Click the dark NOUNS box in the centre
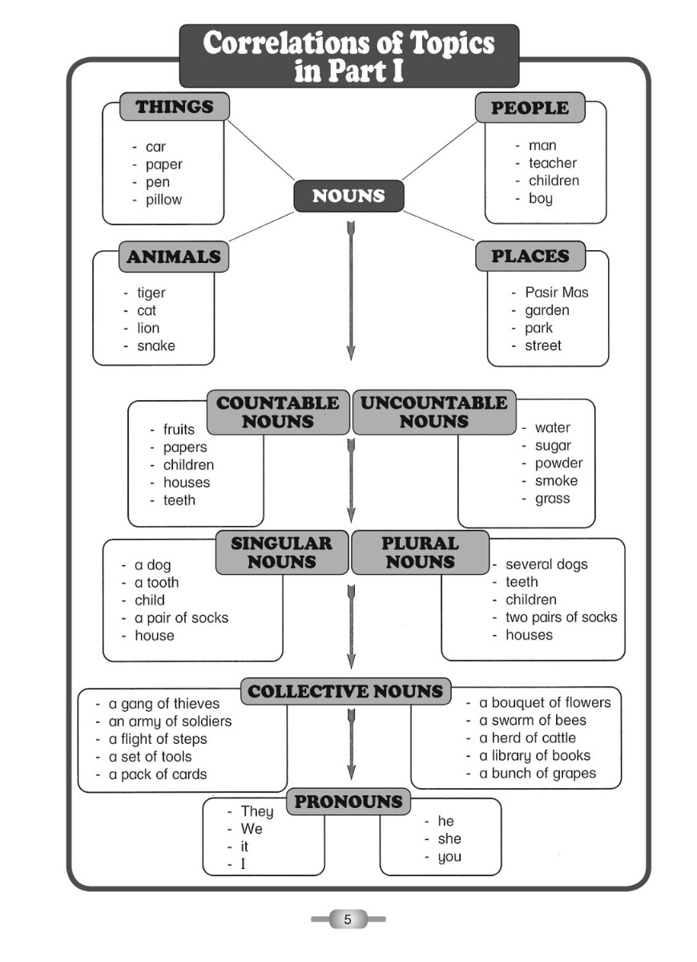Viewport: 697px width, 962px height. (348, 196)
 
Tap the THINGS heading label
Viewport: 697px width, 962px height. (175, 107)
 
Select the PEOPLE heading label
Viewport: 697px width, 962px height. (530, 107)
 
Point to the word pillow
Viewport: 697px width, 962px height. (163, 200)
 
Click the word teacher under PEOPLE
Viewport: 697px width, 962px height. (553, 164)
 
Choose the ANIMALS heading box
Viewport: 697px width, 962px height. (174, 257)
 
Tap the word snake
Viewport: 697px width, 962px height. (156, 346)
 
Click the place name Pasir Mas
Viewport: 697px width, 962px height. (557, 293)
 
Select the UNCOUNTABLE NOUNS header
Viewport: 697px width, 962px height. (434, 412)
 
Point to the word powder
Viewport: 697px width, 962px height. (559, 463)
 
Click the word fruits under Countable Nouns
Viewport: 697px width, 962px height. (179, 429)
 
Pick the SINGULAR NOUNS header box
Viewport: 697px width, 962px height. (281, 552)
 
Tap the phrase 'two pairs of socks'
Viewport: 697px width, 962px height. (562, 617)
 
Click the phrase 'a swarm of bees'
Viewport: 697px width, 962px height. (533, 720)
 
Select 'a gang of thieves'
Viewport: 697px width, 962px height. (164, 704)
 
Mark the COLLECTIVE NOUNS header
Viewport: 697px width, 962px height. (345, 691)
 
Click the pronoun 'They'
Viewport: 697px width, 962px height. (257, 810)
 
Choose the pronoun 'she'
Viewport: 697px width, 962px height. (449, 839)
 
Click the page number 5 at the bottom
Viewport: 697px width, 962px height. (348, 920)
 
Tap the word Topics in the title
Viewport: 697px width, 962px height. (451, 43)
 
